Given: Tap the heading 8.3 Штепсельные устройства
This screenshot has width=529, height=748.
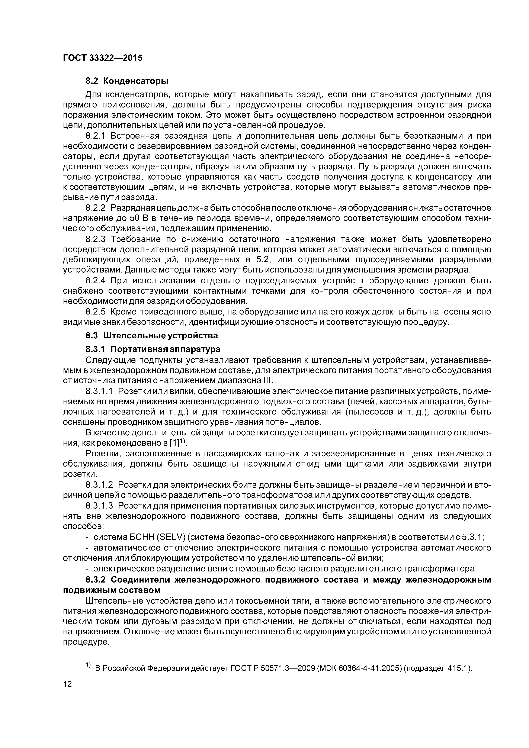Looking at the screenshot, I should [152, 335].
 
